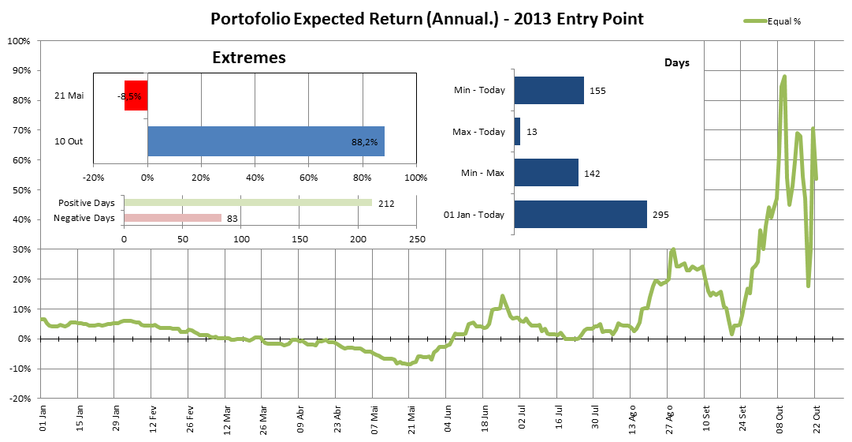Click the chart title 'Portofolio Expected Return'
(426, 18)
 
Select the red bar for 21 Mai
(136, 96)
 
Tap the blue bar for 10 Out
(266, 141)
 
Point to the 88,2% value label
(364, 142)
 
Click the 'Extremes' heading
(249, 58)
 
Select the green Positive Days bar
(247, 203)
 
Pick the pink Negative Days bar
(173, 218)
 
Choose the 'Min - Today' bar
(549, 90)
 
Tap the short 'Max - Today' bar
(517, 131)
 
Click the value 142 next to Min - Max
(593, 172)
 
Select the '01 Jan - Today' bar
(580, 214)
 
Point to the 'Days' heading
(677, 62)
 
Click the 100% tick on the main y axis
(18, 40)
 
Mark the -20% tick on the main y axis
(18, 399)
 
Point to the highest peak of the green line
(784, 77)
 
